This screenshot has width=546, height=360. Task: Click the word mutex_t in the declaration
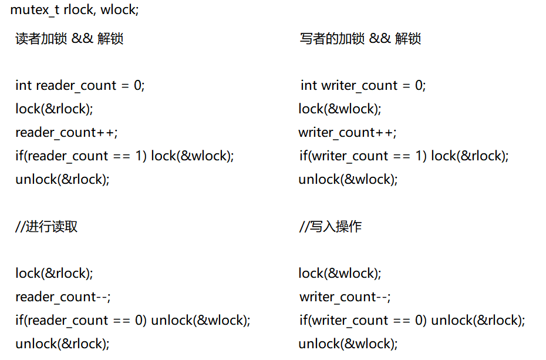pos(35,11)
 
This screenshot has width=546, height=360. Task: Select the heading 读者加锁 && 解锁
pos(69,39)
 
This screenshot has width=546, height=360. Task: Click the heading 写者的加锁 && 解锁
pos(360,39)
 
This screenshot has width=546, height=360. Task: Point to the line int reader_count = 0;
pos(80,86)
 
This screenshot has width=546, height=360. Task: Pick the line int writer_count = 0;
pos(363,86)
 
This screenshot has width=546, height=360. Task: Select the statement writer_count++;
pos(348,133)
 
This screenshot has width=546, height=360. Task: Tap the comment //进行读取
pos(46,227)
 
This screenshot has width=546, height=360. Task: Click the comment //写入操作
pos(330,227)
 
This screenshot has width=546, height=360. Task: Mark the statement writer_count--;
pos(345,297)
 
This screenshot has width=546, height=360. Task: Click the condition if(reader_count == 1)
pos(81,156)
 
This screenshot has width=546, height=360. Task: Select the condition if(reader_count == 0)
pos(81,321)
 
